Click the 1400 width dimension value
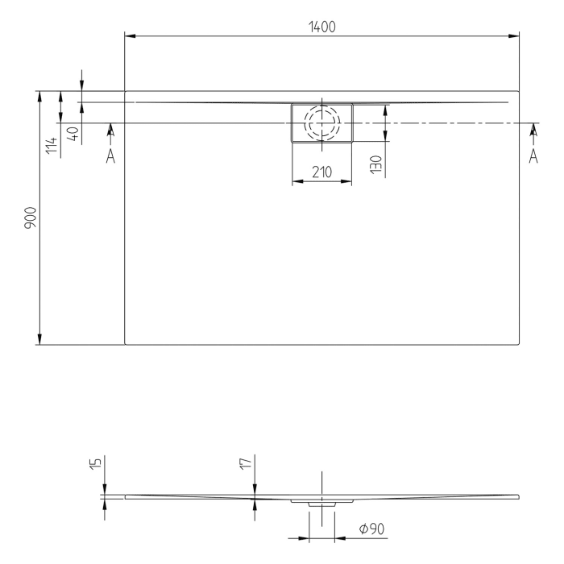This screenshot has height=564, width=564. [321, 27]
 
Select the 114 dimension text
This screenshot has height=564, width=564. [52, 145]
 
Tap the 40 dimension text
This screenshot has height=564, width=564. [73, 134]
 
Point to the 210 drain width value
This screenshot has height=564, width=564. [321, 172]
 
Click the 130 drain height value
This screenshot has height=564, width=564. [375, 164]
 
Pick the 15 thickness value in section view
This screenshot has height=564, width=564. [95, 464]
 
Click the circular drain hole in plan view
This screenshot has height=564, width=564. [321, 123]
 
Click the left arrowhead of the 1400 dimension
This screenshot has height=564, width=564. [130, 35]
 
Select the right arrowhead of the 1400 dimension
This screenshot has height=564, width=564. [514, 35]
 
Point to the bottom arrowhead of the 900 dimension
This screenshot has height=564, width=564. [39, 339]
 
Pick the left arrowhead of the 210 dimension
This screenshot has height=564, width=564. [296, 180]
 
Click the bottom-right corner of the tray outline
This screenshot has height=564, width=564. [518, 344]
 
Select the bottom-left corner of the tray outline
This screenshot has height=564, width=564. [126, 344]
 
